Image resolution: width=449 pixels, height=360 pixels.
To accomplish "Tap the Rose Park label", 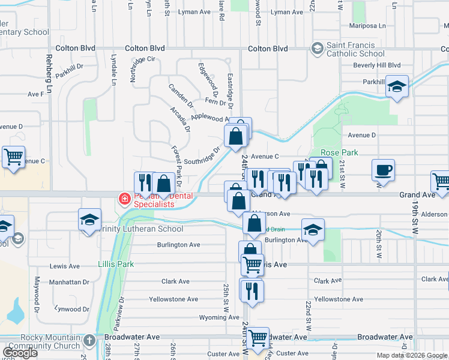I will [x=339, y=152].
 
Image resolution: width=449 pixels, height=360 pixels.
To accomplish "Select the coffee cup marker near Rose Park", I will [x=383, y=170].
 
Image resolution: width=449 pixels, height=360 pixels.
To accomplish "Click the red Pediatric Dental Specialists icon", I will [x=125, y=199].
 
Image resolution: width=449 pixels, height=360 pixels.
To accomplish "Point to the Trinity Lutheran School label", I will [x=142, y=229].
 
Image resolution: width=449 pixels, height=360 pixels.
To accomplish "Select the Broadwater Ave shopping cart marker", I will [x=258, y=338].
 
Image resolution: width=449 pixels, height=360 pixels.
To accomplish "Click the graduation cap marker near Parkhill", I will [x=396, y=86].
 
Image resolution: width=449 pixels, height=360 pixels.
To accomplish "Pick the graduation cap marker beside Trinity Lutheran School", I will [x=89, y=219].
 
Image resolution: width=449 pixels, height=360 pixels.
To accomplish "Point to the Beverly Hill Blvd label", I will [x=376, y=65].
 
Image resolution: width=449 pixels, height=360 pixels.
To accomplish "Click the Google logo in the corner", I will [x=20, y=353].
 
